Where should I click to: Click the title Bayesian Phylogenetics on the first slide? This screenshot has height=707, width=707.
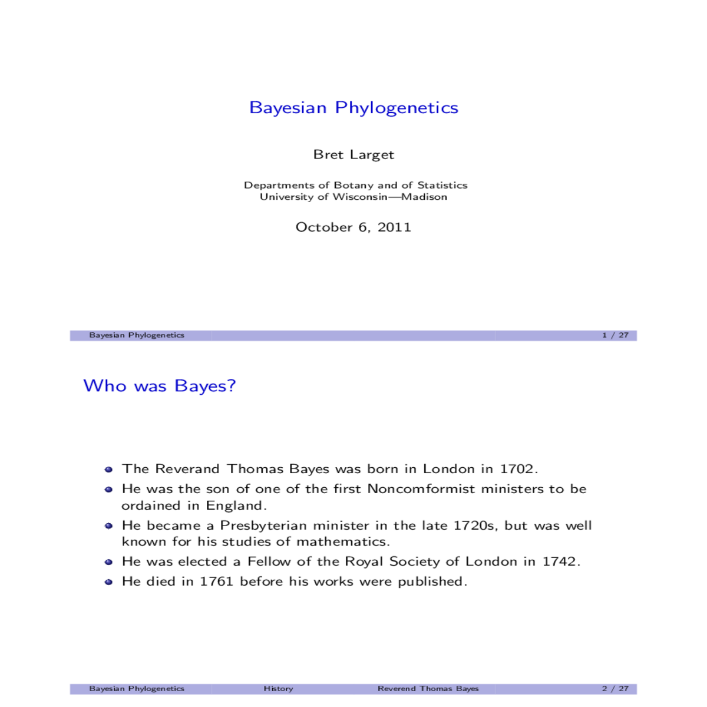pos(353,108)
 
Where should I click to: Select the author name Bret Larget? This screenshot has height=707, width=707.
pos(353,154)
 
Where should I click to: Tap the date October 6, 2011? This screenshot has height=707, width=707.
pos(353,227)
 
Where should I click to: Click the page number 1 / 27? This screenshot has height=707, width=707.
pos(615,335)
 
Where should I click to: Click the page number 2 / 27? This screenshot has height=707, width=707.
pos(615,688)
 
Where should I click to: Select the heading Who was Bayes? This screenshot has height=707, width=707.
pos(160,386)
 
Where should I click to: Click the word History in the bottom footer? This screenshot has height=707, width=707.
pos(278,688)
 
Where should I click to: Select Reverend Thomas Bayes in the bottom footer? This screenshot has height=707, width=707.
pos(428,688)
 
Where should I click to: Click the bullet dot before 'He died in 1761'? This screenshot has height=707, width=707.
pos(108,582)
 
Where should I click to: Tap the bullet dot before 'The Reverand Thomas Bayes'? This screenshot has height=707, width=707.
pos(108,470)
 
